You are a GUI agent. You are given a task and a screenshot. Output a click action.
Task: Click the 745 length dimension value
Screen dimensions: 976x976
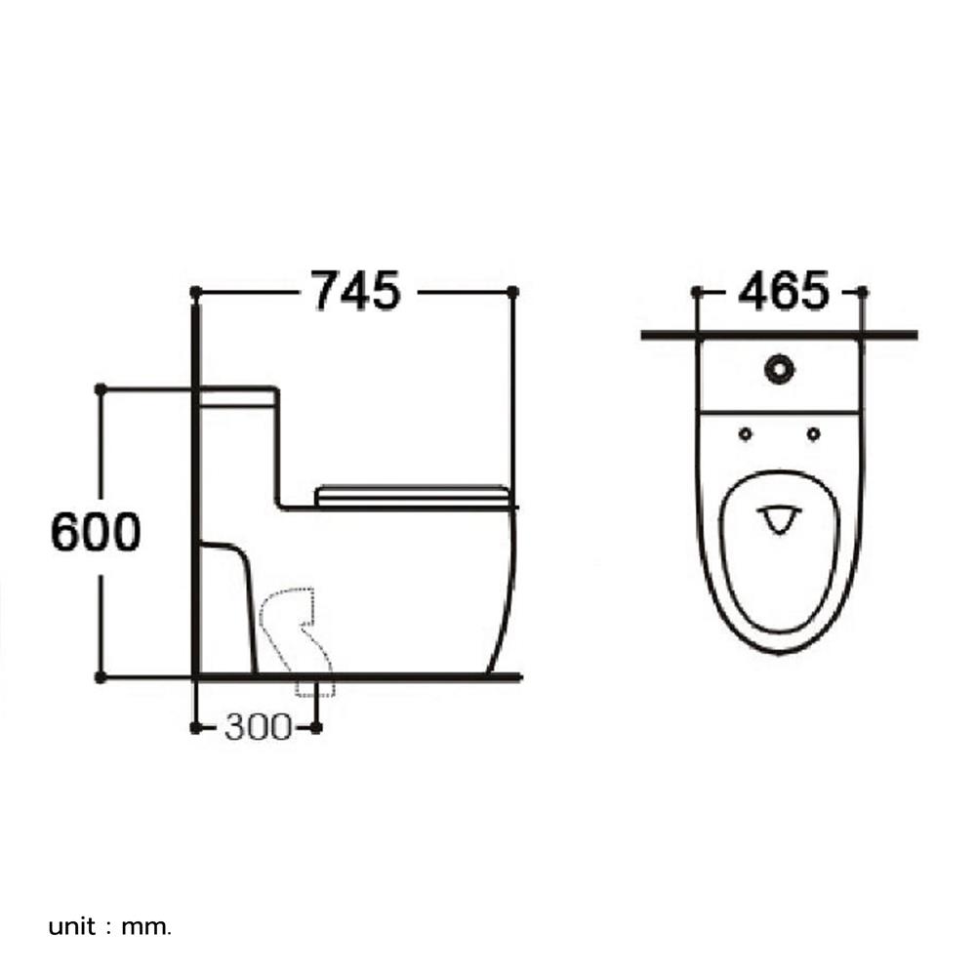point(355,291)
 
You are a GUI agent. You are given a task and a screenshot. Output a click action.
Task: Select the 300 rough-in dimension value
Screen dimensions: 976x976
point(258,727)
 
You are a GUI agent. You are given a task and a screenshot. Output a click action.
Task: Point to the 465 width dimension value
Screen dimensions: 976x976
point(783,291)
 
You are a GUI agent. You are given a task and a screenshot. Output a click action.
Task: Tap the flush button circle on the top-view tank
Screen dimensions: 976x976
point(779,370)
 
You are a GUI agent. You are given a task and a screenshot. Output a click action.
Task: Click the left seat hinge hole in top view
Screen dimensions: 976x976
point(746,433)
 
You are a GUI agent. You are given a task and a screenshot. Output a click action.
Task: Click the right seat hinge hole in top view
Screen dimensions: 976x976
point(813,433)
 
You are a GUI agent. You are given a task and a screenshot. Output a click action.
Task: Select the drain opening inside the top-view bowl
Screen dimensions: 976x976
point(778,518)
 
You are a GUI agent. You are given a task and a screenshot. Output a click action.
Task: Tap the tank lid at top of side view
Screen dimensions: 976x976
point(238,395)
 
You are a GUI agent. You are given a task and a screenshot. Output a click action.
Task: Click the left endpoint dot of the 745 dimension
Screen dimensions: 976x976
point(195,291)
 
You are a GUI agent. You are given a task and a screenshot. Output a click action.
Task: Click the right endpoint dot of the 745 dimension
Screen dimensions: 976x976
point(513,291)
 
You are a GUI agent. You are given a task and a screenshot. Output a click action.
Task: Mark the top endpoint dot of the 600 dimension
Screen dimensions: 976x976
point(100,388)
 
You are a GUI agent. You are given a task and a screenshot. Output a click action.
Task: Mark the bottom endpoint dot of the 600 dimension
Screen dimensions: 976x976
point(100,675)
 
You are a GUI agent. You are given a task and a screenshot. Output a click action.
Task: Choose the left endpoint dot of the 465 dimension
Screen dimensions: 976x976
point(696,291)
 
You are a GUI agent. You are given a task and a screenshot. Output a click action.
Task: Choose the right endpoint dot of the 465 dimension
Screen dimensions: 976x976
point(862,291)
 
